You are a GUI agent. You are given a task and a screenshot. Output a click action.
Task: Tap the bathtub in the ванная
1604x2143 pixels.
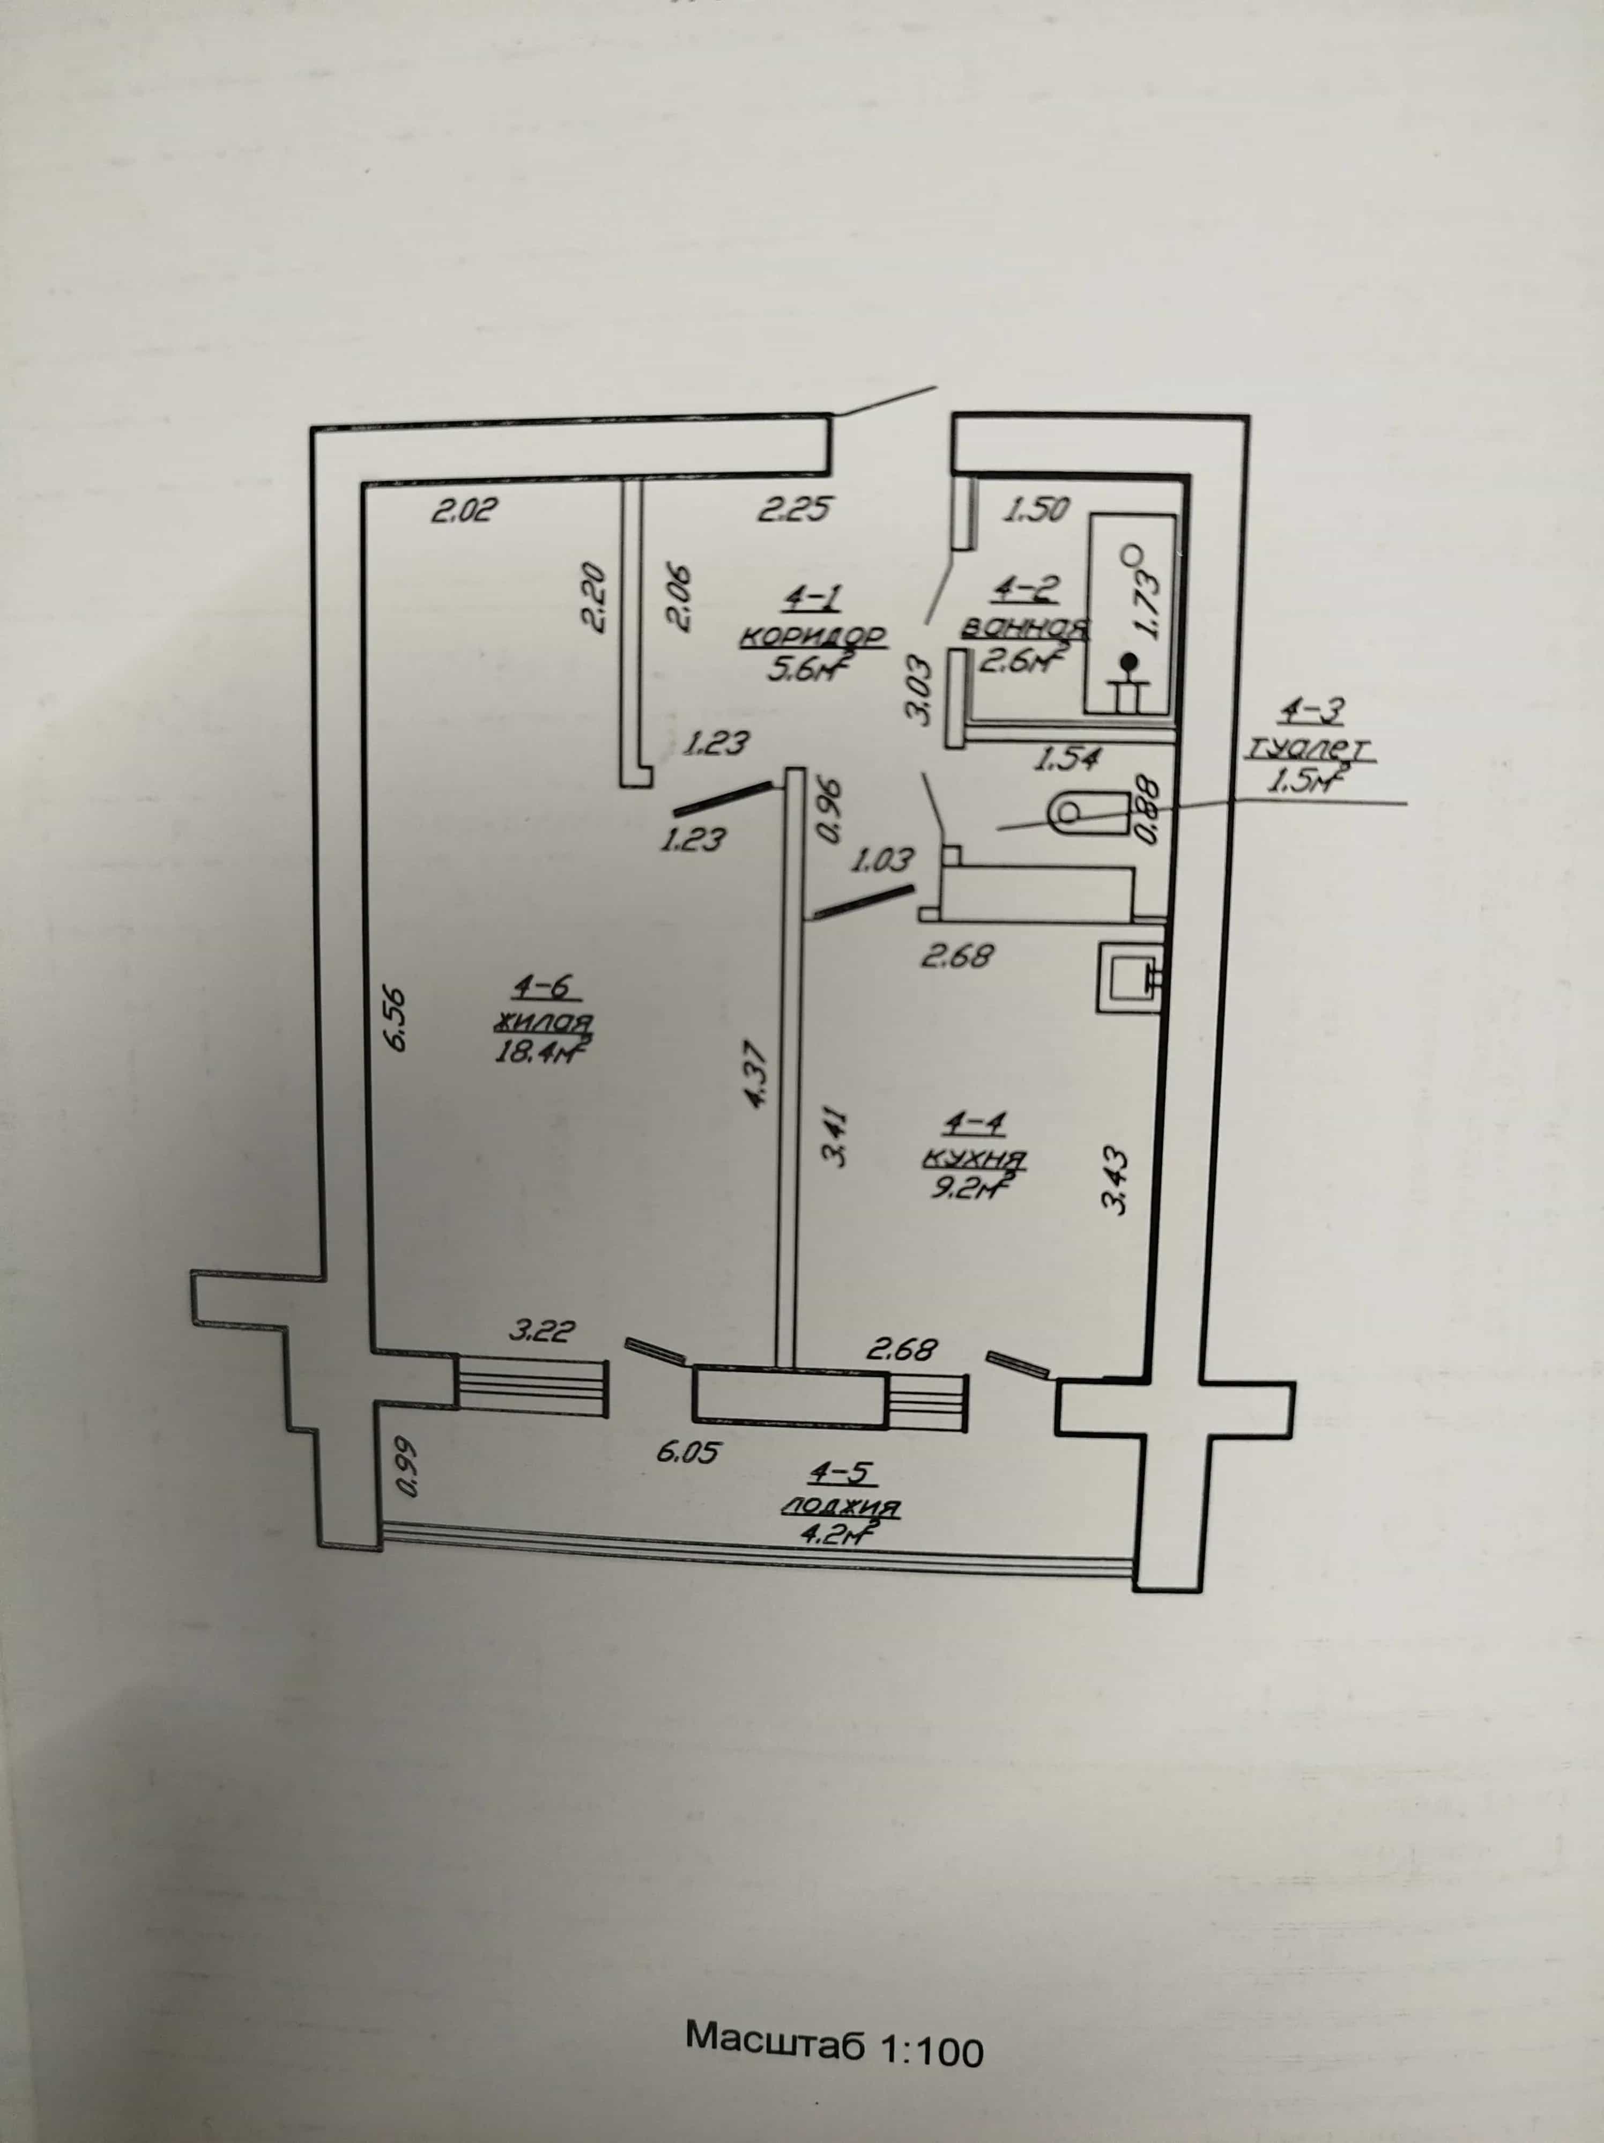pyautogui.click(x=1131, y=614)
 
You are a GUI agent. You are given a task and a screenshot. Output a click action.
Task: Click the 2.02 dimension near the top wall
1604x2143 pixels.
pyautogui.click(x=464, y=509)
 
